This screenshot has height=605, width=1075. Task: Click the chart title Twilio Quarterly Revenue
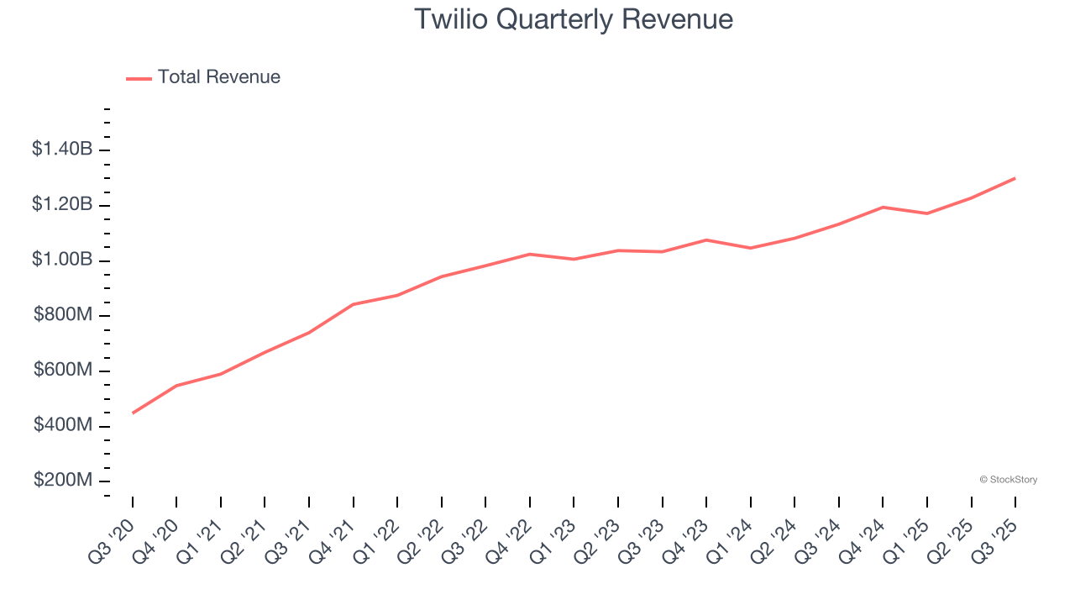pos(574,19)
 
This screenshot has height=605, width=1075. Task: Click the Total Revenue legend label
pos(218,77)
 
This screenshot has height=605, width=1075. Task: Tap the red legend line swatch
pos(139,78)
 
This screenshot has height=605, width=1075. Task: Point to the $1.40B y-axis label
pos(62,150)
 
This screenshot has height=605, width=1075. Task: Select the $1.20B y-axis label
pos(62,204)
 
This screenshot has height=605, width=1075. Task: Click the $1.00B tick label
pos(62,260)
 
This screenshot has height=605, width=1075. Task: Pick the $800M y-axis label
pos(63,315)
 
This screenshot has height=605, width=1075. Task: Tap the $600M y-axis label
pos(63,371)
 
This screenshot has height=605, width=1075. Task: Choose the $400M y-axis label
pos(63,425)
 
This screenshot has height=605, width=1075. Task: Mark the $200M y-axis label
pos(63,481)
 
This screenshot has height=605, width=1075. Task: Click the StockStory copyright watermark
pos(1008,480)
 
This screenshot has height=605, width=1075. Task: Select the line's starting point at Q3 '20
pos(133,413)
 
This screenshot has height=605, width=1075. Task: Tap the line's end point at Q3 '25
pos(1015,178)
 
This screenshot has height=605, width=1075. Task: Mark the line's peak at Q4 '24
pos(883,207)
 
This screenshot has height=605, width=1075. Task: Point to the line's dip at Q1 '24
pos(750,248)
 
